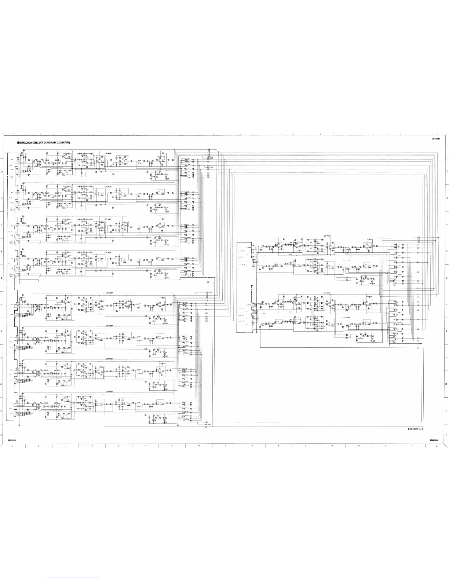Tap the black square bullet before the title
[x=17, y=142]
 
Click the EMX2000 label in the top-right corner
[x=435, y=139]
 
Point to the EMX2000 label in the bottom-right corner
[x=435, y=440]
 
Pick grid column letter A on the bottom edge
[x=12, y=446]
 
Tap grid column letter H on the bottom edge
[x=199, y=446]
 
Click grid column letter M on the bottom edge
[x=332, y=446]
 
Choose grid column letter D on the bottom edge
[x=92, y=446]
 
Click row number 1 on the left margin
[x=2, y=146]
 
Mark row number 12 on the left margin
[x=2, y=435]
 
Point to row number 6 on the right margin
[x=446, y=278]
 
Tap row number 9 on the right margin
[x=446, y=358]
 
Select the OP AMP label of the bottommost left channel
[x=109, y=391]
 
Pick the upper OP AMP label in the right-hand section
[x=327, y=236]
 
